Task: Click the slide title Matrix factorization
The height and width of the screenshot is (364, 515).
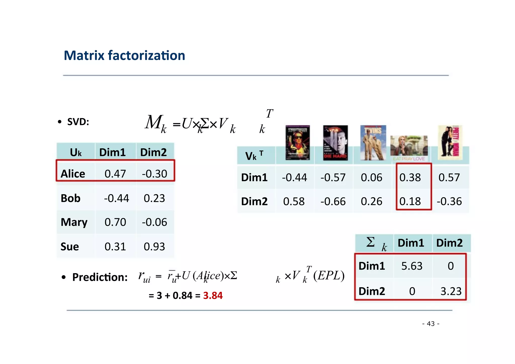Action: pyautogui.click(x=124, y=55)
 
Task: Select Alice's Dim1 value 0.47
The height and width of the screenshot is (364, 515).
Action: pyautogui.click(x=115, y=174)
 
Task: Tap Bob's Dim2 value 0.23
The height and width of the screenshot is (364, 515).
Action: pyautogui.click(x=154, y=198)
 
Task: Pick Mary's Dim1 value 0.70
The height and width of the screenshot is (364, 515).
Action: pyautogui.click(x=115, y=222)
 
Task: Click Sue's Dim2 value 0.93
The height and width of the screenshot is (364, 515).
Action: pyautogui.click(x=154, y=247)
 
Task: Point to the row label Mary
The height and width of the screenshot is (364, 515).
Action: pyautogui.click(x=74, y=222)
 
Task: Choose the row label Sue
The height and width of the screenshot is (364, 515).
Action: pyautogui.click(x=70, y=247)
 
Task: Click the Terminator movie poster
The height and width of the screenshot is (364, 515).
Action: pyautogui.click(x=297, y=143)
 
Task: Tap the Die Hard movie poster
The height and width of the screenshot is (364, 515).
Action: pyautogui.click(x=335, y=143)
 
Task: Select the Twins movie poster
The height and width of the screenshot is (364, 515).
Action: pyautogui.click(x=373, y=143)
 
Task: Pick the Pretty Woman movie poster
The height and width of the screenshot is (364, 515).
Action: pyautogui.click(x=450, y=143)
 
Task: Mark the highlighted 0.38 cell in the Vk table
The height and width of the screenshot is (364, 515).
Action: pyautogui.click(x=410, y=178)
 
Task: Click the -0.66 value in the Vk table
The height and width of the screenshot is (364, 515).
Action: pyautogui.click(x=333, y=201)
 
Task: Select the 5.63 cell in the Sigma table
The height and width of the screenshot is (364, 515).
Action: pyautogui.click(x=412, y=266)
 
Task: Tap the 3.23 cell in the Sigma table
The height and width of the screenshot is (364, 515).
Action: pyautogui.click(x=451, y=291)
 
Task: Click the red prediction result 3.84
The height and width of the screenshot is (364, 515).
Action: pyautogui.click(x=213, y=295)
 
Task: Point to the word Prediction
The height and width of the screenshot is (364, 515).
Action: pyautogui.click(x=100, y=277)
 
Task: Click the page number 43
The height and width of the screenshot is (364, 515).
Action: pyautogui.click(x=431, y=324)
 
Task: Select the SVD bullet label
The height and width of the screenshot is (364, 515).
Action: pyautogui.click(x=78, y=122)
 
